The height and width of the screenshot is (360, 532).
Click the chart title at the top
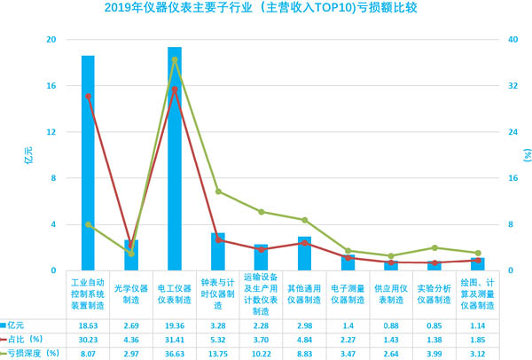click(265, 10)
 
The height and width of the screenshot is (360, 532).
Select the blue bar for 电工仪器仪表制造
click(175, 160)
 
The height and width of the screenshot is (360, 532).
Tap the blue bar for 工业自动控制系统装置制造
click(88, 164)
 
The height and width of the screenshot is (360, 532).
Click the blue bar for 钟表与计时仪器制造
click(218, 252)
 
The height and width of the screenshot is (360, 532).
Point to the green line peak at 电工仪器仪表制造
click(175, 59)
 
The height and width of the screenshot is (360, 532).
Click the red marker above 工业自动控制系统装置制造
click(88, 96)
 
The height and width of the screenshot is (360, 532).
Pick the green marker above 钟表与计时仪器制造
click(218, 192)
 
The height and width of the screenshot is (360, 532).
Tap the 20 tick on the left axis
click(51, 40)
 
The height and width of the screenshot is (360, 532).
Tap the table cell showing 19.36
click(175, 325)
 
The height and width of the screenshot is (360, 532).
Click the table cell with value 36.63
click(175, 353)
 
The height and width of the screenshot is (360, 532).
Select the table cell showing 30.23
click(88, 339)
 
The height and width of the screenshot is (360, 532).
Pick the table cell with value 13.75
click(218, 353)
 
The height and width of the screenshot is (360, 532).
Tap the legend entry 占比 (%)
click(27, 339)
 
